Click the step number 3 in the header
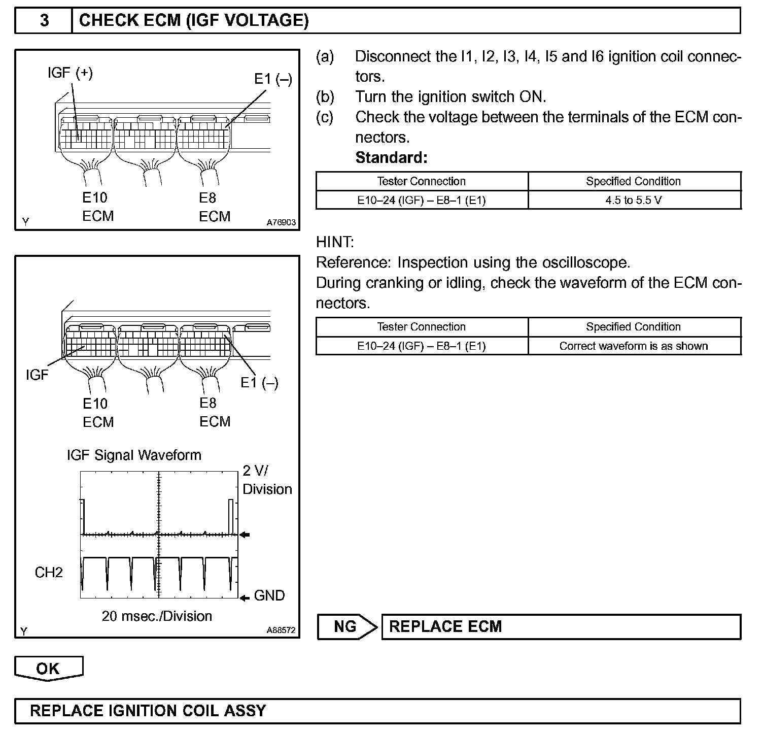tap(44, 21)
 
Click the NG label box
tap(345, 626)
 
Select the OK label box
tap(48, 668)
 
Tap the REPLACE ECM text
tap(445, 626)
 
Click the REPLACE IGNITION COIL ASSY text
tap(148, 710)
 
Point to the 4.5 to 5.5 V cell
tap(633, 200)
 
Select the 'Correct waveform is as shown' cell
tap(633, 346)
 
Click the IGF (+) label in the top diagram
tap(70, 73)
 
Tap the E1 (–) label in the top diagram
tap(273, 79)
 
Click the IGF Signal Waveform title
tap(134, 455)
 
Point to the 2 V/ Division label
tap(267, 480)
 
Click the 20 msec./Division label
tap(157, 616)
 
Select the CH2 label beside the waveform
tap(49, 573)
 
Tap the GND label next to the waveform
tap(269, 595)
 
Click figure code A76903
tap(281, 222)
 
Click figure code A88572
tap(281, 631)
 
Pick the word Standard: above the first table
tap(391, 158)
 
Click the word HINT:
tap(335, 242)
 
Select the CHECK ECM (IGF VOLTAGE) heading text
tap(194, 21)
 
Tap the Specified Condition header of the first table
tap(633, 181)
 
